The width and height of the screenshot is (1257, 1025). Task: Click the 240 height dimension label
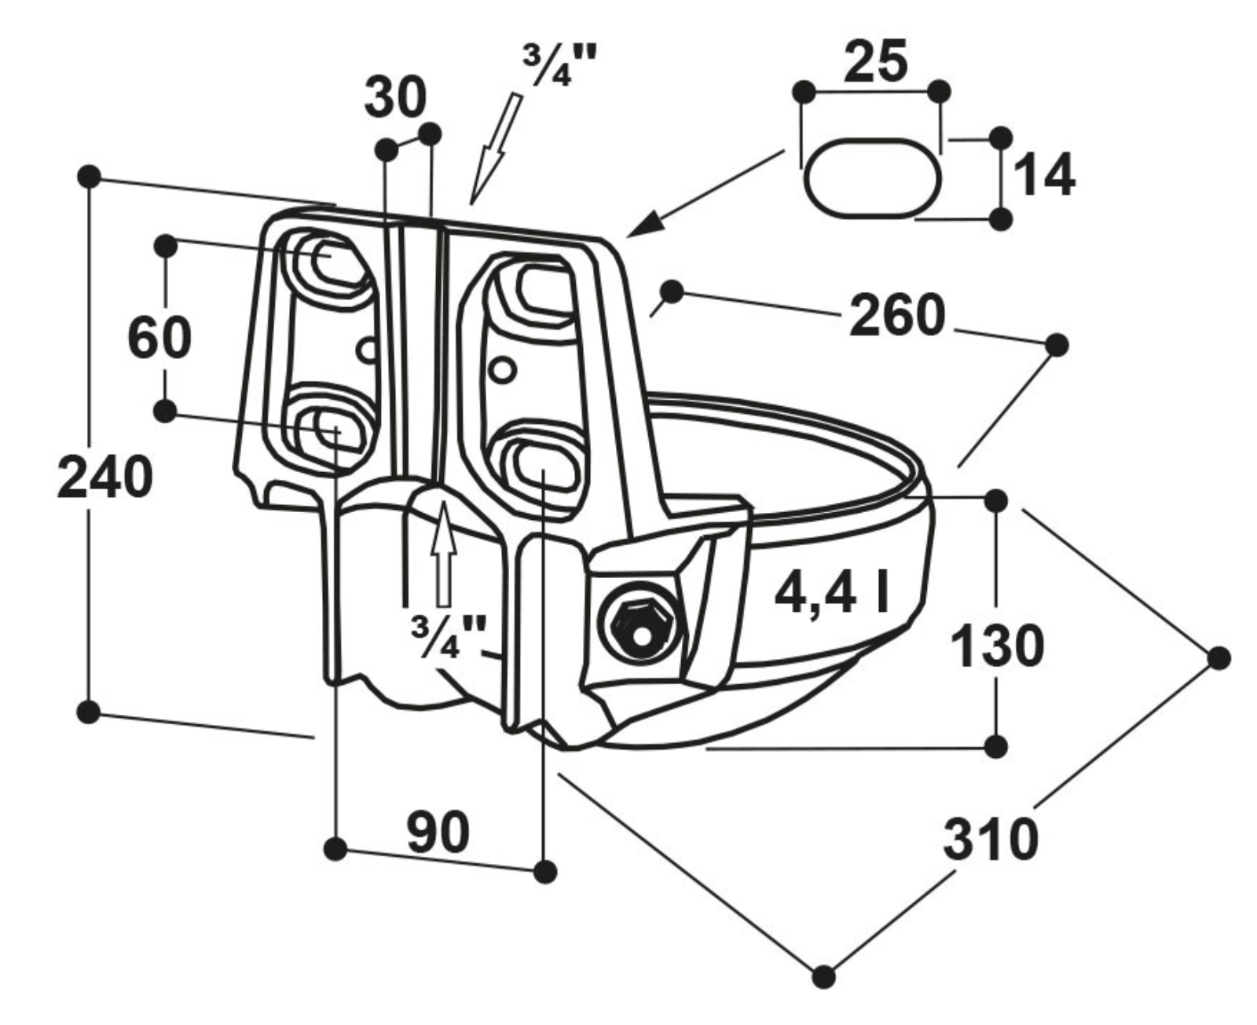tap(104, 477)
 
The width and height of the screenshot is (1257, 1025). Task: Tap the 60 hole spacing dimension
tap(159, 337)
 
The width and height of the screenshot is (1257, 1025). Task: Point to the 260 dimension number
tap(896, 316)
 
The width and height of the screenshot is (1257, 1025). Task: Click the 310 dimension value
tap(991, 840)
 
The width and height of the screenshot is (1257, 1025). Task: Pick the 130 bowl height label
tap(996, 646)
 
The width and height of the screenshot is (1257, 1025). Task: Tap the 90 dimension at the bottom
tap(438, 833)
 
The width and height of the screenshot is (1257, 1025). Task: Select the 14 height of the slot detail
tap(1043, 176)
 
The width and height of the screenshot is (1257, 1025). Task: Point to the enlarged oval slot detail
tap(873, 177)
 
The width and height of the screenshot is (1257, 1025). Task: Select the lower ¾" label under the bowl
tap(449, 634)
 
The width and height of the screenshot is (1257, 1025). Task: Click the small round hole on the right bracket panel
tap(502, 368)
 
